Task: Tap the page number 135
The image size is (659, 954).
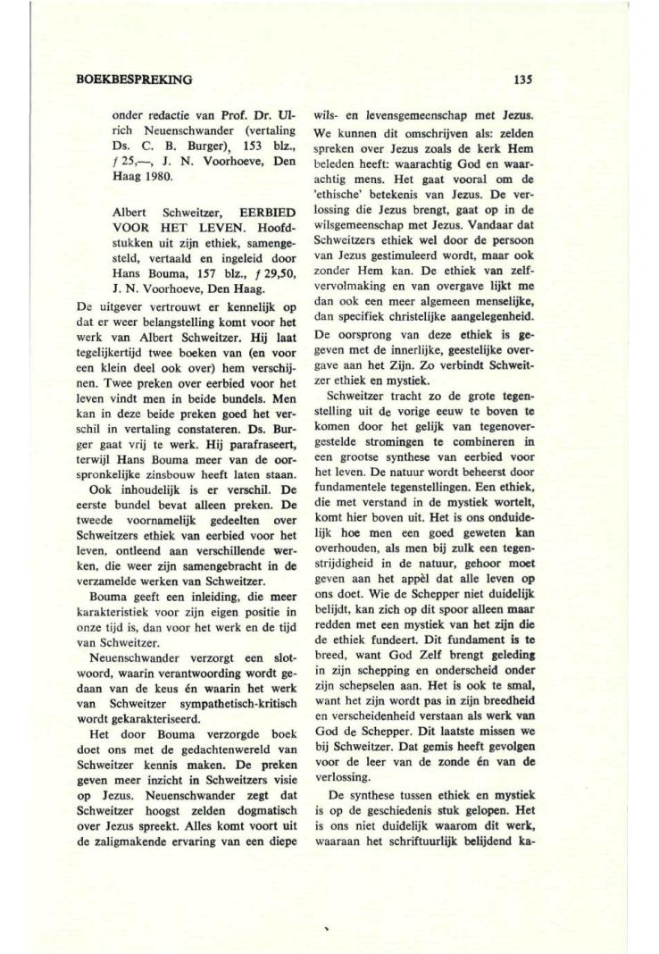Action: (x=524, y=79)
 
